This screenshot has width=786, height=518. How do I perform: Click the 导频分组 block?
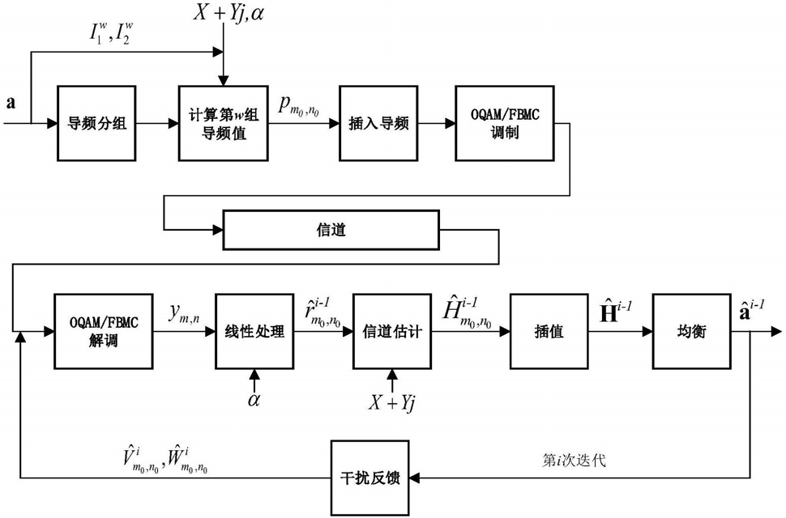96,123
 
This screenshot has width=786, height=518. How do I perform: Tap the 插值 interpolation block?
544,330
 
